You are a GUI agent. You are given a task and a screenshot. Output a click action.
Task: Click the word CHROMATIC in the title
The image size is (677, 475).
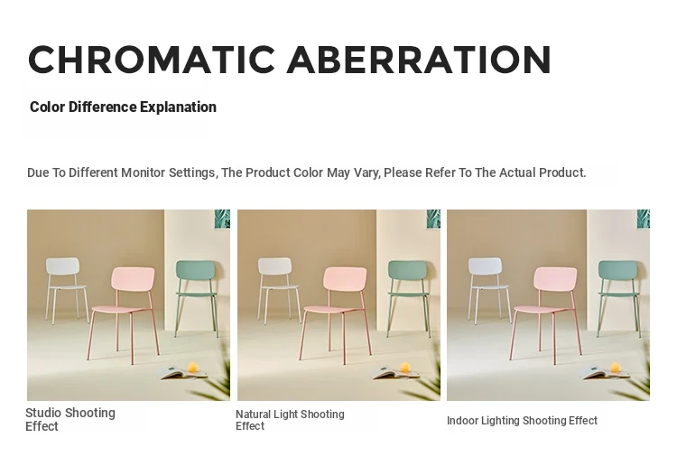pos(152,60)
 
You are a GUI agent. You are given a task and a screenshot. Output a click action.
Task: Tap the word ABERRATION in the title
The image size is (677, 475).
pos(419,60)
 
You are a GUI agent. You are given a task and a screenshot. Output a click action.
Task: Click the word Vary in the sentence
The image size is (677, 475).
pos(366,173)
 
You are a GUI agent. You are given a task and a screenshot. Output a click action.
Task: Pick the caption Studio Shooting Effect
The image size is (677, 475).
pos(70,419)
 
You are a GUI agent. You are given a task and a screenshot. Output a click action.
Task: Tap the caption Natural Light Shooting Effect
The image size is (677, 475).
pos(290,420)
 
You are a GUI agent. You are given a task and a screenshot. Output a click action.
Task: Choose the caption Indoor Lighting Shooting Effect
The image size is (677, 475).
pos(522,421)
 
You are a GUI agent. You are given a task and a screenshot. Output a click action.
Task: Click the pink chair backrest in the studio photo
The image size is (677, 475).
pos(133,279)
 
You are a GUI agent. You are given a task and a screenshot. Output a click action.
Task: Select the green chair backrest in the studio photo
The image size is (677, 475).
pos(196,271)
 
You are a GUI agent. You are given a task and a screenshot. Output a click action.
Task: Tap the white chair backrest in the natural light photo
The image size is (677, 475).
pos(274,265)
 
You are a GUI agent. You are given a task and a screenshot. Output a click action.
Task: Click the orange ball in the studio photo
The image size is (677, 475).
pos(193,367)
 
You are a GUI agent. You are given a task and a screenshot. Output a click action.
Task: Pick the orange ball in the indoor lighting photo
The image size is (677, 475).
pos(616,368)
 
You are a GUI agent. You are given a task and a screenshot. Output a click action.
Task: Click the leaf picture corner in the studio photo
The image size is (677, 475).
pos(222,219)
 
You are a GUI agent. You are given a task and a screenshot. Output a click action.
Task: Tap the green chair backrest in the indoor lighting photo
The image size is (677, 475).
pos(618,271)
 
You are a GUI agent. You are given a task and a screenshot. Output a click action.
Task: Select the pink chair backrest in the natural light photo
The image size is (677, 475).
pos(345,279)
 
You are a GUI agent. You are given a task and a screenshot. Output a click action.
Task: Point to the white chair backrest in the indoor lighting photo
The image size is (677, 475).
pos(486,266)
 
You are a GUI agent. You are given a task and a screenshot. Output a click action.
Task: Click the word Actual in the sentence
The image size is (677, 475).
pos(516,172)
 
